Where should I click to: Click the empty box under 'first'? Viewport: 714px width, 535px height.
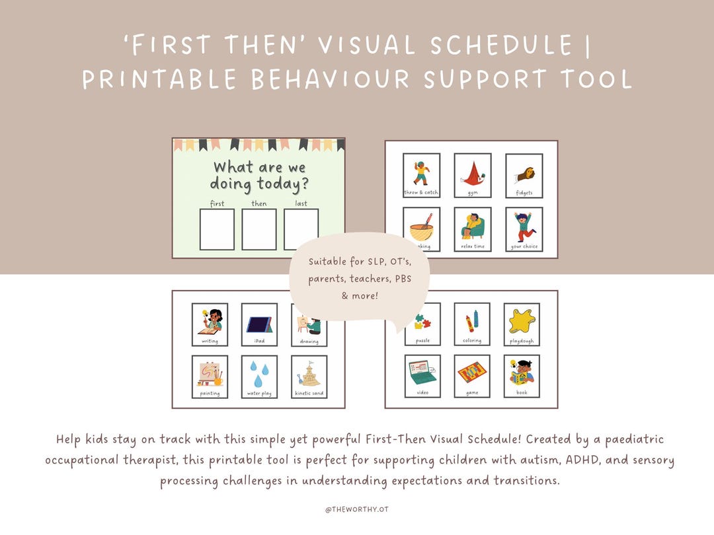pyautogui.click(x=217, y=229)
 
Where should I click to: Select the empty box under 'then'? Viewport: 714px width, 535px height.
pyautogui.click(x=259, y=229)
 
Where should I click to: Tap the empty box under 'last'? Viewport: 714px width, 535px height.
pyautogui.click(x=301, y=229)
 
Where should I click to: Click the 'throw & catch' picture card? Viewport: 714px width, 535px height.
pyautogui.click(x=421, y=176)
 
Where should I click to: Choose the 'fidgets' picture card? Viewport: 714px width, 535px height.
pyautogui.click(x=524, y=176)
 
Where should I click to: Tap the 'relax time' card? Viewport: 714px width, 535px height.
pyautogui.click(x=473, y=229)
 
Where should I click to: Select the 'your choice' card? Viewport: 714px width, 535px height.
pyautogui.click(x=524, y=229)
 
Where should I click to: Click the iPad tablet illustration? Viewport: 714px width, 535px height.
pyautogui.click(x=259, y=323)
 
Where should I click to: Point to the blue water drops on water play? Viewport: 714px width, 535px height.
pyautogui.click(x=259, y=374)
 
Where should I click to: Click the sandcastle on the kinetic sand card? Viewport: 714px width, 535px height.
pyautogui.click(x=309, y=374)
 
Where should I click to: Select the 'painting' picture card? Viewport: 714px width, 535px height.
pyautogui.click(x=210, y=376)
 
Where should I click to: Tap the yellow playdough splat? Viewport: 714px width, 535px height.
pyautogui.click(x=522, y=321)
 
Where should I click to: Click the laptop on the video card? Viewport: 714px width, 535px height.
pyautogui.click(x=422, y=374)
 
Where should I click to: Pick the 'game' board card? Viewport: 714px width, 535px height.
pyautogui.click(x=472, y=376)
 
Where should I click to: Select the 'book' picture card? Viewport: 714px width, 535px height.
pyautogui.click(x=522, y=376)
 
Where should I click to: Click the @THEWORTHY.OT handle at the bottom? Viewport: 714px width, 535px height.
pyautogui.click(x=356, y=510)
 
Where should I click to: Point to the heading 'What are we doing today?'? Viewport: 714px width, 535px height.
pyautogui.click(x=259, y=175)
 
